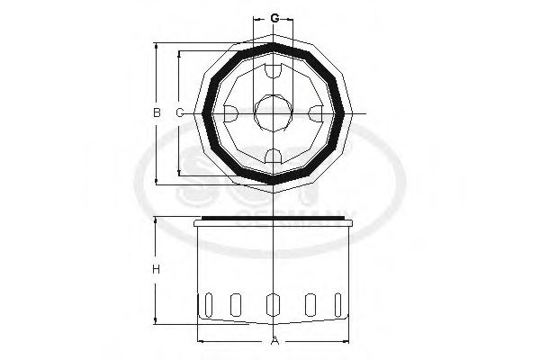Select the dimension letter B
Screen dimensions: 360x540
click(x=156, y=112)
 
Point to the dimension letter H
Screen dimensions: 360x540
click(x=156, y=270)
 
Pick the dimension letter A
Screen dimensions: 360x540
click(x=273, y=340)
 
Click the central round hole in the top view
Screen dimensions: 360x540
click(x=273, y=112)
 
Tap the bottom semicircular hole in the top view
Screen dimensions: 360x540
click(x=273, y=156)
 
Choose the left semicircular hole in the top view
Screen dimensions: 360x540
click(x=229, y=112)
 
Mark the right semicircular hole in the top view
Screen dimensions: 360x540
click(x=316, y=112)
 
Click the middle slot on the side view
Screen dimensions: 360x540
click(x=273, y=306)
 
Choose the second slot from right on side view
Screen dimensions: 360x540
click(x=309, y=305)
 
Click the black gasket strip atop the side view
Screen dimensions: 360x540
click(x=273, y=219)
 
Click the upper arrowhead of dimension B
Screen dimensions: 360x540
click(x=156, y=45)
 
